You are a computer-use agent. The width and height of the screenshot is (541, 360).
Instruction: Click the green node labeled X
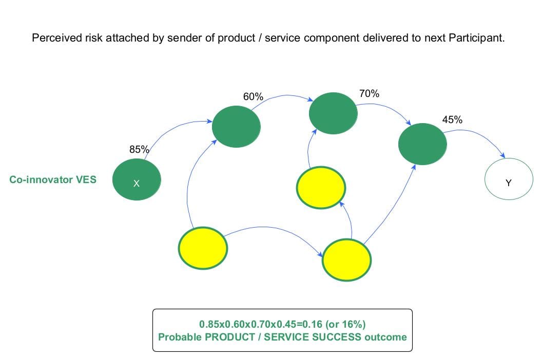click(137, 180)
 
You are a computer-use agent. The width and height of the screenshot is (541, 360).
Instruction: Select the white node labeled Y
click(509, 180)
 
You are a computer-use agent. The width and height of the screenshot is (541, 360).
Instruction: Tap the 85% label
click(139, 150)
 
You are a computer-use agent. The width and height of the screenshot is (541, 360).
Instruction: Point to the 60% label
click(253, 96)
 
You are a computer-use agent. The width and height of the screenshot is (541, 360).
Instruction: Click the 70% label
click(369, 93)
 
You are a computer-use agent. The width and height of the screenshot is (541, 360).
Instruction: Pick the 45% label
click(452, 120)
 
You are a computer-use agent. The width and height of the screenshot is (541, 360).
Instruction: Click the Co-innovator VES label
click(53, 180)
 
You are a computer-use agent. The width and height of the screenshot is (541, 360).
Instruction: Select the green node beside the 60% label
click(236, 127)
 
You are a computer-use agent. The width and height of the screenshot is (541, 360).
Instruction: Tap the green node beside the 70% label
click(333, 113)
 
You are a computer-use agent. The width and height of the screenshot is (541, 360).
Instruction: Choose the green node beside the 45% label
click(422, 144)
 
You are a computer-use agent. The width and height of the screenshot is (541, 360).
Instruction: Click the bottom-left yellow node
click(203, 248)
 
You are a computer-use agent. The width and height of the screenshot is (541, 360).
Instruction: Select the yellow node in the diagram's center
click(321, 188)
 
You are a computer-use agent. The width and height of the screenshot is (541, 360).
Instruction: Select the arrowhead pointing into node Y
click(504, 156)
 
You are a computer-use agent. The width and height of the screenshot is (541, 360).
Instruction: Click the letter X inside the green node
click(136, 184)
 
